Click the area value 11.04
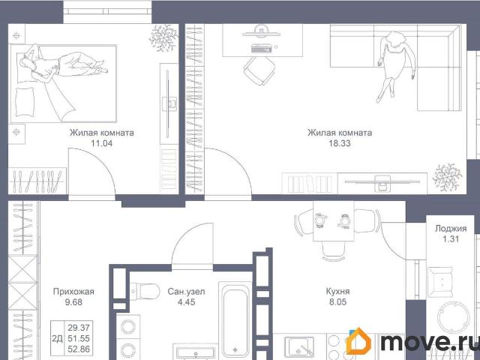coord(102,143)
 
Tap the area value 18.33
coord(340,143)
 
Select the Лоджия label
coord(451,228)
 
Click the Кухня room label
coord(337,292)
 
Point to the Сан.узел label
coord(186,292)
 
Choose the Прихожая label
coord(73,292)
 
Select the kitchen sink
coord(298,346)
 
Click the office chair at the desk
coord(259,71)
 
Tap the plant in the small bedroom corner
coord(163,38)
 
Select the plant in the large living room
coord(447,178)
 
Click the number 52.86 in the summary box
coord(79,349)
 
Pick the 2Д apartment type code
coord(57,338)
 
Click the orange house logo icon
coord(358,341)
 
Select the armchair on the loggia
coord(440,282)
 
